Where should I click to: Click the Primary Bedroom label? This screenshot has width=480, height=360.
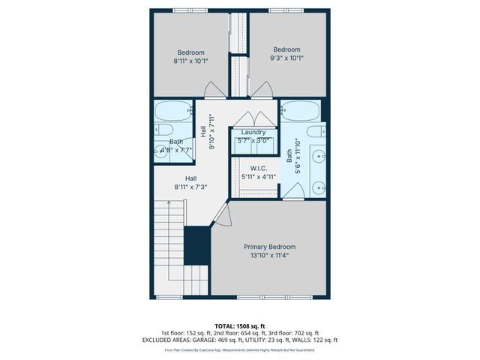[x=269, y=247]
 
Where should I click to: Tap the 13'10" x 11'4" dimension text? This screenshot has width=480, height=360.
[x=269, y=256]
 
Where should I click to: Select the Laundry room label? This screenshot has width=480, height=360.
[x=253, y=132]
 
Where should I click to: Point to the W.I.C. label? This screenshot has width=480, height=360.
[x=258, y=168]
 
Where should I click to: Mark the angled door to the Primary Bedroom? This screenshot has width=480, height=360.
[x=220, y=215]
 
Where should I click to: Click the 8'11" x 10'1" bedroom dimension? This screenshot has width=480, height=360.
[x=190, y=61]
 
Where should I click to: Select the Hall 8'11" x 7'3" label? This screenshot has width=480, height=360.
[x=190, y=182]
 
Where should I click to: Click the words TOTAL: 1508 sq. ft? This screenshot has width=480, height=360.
[x=239, y=325]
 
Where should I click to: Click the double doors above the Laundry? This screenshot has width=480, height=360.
[x=253, y=119]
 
